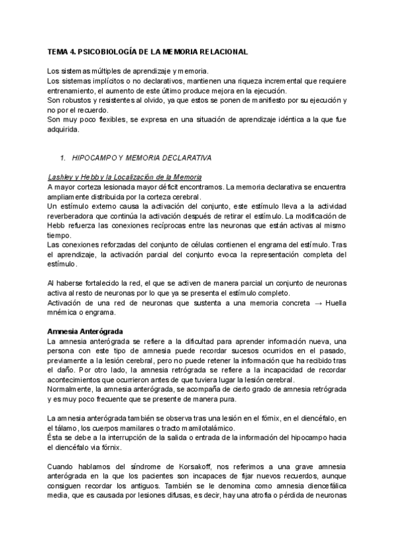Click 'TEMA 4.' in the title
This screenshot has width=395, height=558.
[63, 51]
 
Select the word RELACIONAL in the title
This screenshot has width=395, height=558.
[219, 51]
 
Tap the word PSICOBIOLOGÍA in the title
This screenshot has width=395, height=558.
[116, 51]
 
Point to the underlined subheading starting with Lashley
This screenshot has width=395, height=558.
[124, 178]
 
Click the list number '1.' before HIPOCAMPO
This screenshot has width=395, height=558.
[63, 158]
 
